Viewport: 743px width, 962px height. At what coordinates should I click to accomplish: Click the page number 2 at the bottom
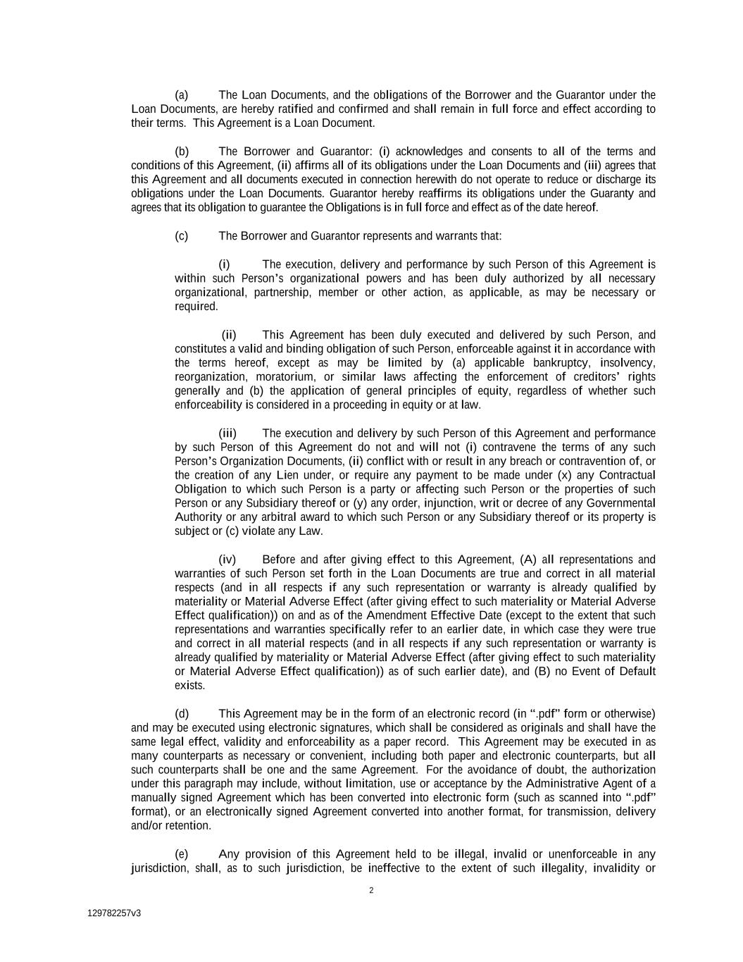(x=371, y=890)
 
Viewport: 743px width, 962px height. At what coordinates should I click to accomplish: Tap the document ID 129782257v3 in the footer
(x=114, y=913)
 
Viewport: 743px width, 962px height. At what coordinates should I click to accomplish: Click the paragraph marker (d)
(x=182, y=714)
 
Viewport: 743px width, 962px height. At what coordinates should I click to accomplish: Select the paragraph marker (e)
(x=182, y=854)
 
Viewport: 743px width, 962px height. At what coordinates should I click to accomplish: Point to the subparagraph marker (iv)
(x=227, y=560)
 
